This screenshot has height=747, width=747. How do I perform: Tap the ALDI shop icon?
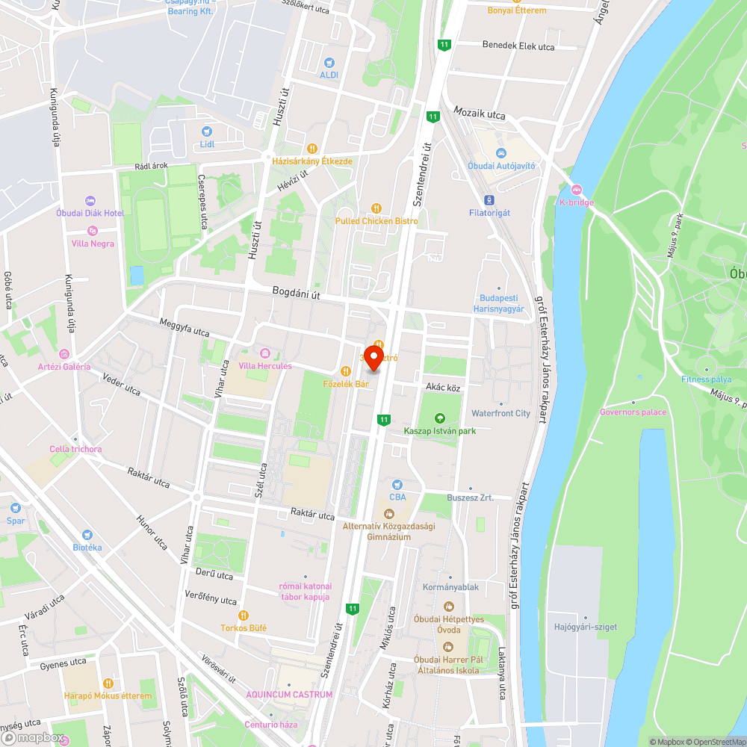(x=329, y=63)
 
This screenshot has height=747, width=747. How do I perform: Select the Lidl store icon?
(x=207, y=130)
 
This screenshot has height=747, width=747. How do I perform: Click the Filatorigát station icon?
(x=489, y=200)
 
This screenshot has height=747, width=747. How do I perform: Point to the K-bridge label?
(x=576, y=202)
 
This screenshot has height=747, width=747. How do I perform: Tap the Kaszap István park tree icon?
(x=439, y=418)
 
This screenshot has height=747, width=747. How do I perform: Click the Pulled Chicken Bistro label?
(x=376, y=221)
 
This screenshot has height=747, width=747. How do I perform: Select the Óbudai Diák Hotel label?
(x=90, y=213)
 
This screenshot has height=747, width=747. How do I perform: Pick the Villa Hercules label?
(x=265, y=366)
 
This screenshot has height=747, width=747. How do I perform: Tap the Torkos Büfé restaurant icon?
(x=243, y=616)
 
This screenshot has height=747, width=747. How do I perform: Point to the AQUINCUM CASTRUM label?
(x=289, y=695)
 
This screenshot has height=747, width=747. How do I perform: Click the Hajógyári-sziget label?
(x=586, y=627)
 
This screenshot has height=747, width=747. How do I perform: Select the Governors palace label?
(x=633, y=412)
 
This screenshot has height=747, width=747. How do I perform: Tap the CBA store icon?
(x=397, y=484)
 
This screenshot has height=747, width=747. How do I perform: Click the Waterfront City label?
(x=500, y=413)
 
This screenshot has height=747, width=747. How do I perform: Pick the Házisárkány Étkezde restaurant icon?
(x=312, y=148)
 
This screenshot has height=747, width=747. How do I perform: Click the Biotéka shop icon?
(x=87, y=535)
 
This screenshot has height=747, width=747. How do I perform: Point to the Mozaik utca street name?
(x=480, y=115)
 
